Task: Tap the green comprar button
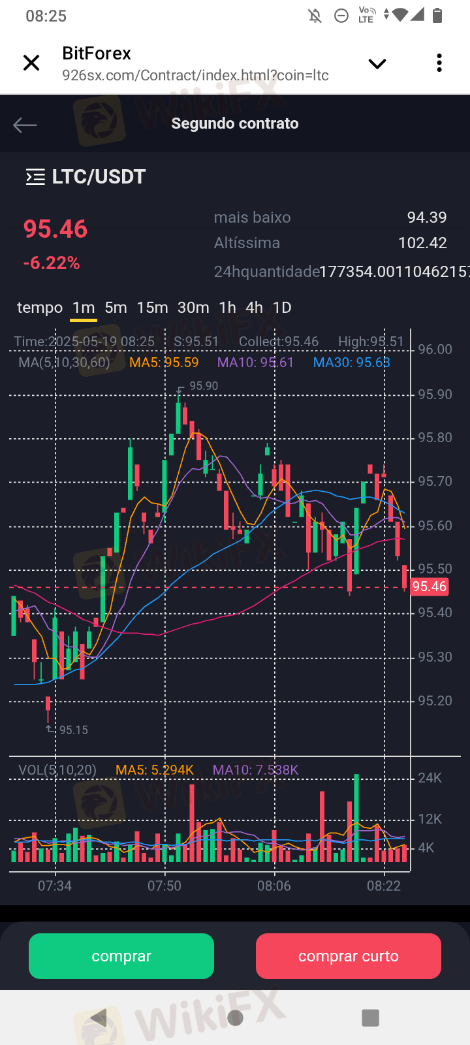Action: tap(121, 956)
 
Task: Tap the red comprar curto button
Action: tap(348, 956)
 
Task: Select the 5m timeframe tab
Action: tap(116, 308)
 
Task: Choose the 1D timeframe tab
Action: tap(282, 308)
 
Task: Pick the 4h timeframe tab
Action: tap(254, 308)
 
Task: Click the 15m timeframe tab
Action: tap(152, 308)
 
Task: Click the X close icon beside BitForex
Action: tap(31, 63)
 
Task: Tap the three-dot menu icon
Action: tap(439, 63)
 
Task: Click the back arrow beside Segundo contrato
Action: tap(25, 125)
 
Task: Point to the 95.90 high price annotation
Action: tap(204, 386)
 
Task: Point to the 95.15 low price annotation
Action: tap(73, 730)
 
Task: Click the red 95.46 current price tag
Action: tap(430, 587)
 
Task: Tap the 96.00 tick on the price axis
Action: tap(435, 349)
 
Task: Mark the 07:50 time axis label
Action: tap(164, 886)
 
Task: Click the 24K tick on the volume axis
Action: tap(430, 778)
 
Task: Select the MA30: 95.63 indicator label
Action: tap(351, 362)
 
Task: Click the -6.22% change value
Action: tap(52, 263)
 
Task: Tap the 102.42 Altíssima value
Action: tap(422, 243)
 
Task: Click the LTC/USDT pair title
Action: tap(99, 177)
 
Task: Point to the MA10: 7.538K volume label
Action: tap(255, 770)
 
